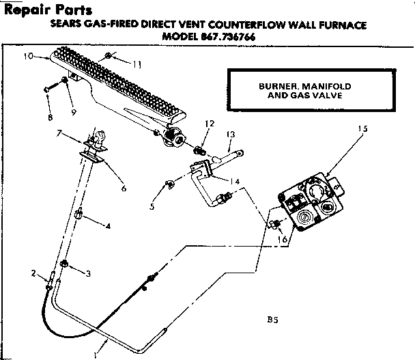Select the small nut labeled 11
pos(109,55)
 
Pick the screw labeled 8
pos(47,89)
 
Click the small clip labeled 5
pos(169,183)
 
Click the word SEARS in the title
pos(68,25)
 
